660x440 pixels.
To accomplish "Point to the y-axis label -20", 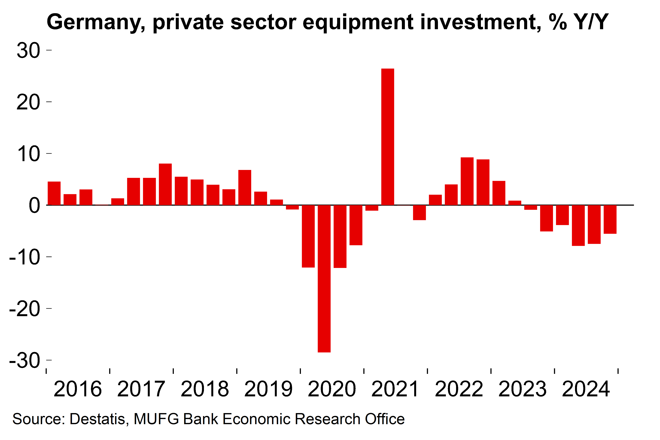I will point(25,309).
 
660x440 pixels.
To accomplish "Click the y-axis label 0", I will point(34,205).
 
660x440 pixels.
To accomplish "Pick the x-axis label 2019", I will point(268,389).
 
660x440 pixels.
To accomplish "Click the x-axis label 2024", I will point(586,389).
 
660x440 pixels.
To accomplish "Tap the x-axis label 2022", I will point(459,389).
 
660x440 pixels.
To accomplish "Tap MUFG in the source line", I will point(156,419).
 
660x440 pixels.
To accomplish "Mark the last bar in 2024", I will point(610,219).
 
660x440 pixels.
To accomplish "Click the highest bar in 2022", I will point(467,181).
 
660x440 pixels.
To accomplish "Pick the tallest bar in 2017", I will point(165,184).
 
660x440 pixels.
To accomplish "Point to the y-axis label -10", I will point(25,257).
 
